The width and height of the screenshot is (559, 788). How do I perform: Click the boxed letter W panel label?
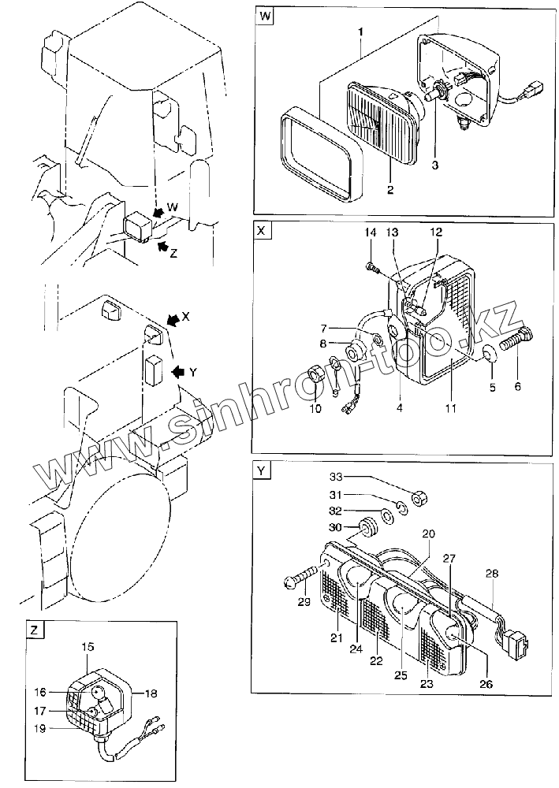265,17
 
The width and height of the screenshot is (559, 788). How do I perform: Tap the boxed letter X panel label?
262,231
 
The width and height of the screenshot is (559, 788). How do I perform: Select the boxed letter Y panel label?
262,471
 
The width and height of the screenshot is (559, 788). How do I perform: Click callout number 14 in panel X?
371,232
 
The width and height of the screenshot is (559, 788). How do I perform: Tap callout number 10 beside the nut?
315,409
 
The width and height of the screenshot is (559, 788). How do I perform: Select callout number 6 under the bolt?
517,387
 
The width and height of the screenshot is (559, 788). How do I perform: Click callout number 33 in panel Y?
335,477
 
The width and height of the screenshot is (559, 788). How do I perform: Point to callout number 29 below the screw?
304,603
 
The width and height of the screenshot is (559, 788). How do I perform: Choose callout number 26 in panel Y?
486,684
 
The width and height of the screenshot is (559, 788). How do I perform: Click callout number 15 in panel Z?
88,646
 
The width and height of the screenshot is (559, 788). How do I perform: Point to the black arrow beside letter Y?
178,371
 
